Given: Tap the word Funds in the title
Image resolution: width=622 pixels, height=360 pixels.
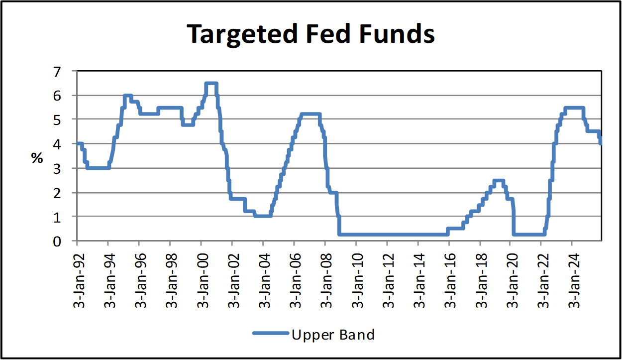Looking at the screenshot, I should pyautogui.click(x=398, y=34).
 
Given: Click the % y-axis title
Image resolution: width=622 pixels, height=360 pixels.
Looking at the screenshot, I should pyautogui.click(x=37, y=158).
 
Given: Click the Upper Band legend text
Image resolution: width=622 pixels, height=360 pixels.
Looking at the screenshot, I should pyautogui.click(x=332, y=334).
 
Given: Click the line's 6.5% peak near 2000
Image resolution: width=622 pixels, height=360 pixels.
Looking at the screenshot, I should pyautogui.click(x=211, y=84).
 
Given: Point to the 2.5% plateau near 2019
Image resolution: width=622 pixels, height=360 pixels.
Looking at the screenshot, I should pyautogui.click(x=499, y=181).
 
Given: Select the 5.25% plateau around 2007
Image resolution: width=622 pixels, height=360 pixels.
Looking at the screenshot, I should pyautogui.click(x=310, y=115).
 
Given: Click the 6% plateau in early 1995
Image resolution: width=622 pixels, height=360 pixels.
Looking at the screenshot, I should pyautogui.click(x=127, y=96).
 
